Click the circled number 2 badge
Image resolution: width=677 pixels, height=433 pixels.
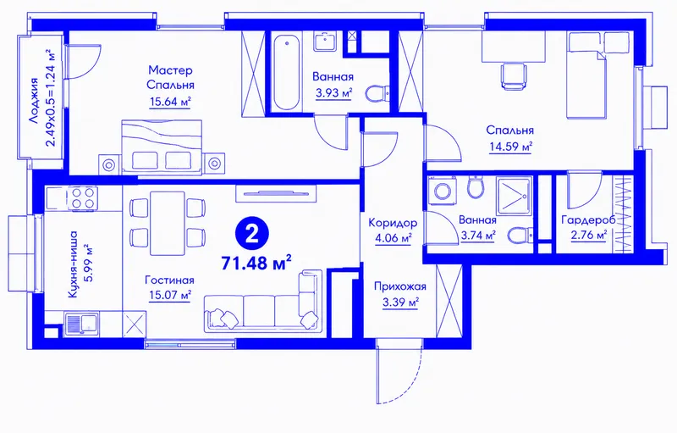(251, 234)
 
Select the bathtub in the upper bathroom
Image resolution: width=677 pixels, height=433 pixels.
(286, 74)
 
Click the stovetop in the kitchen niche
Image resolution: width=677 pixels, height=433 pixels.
(83, 198)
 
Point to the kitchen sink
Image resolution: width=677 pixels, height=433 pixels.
(82, 324)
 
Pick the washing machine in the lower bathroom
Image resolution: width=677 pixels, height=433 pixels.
(442, 191)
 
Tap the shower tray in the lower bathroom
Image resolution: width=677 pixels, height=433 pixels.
(514, 196)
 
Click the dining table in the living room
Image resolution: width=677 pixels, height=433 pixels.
(168, 224)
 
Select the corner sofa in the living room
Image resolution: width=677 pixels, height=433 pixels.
(263, 303)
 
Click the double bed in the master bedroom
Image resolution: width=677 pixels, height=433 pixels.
(162, 147)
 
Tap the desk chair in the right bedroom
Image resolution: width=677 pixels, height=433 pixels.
(515, 76)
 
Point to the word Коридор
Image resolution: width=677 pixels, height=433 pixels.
(393, 223)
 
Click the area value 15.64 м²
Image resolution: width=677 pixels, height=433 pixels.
(170, 102)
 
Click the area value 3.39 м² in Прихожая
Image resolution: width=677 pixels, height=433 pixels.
(400, 302)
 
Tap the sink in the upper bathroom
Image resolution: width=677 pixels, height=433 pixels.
(325, 42)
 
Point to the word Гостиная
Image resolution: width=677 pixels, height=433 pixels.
(170, 280)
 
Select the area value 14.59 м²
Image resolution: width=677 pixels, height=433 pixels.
(510, 147)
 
